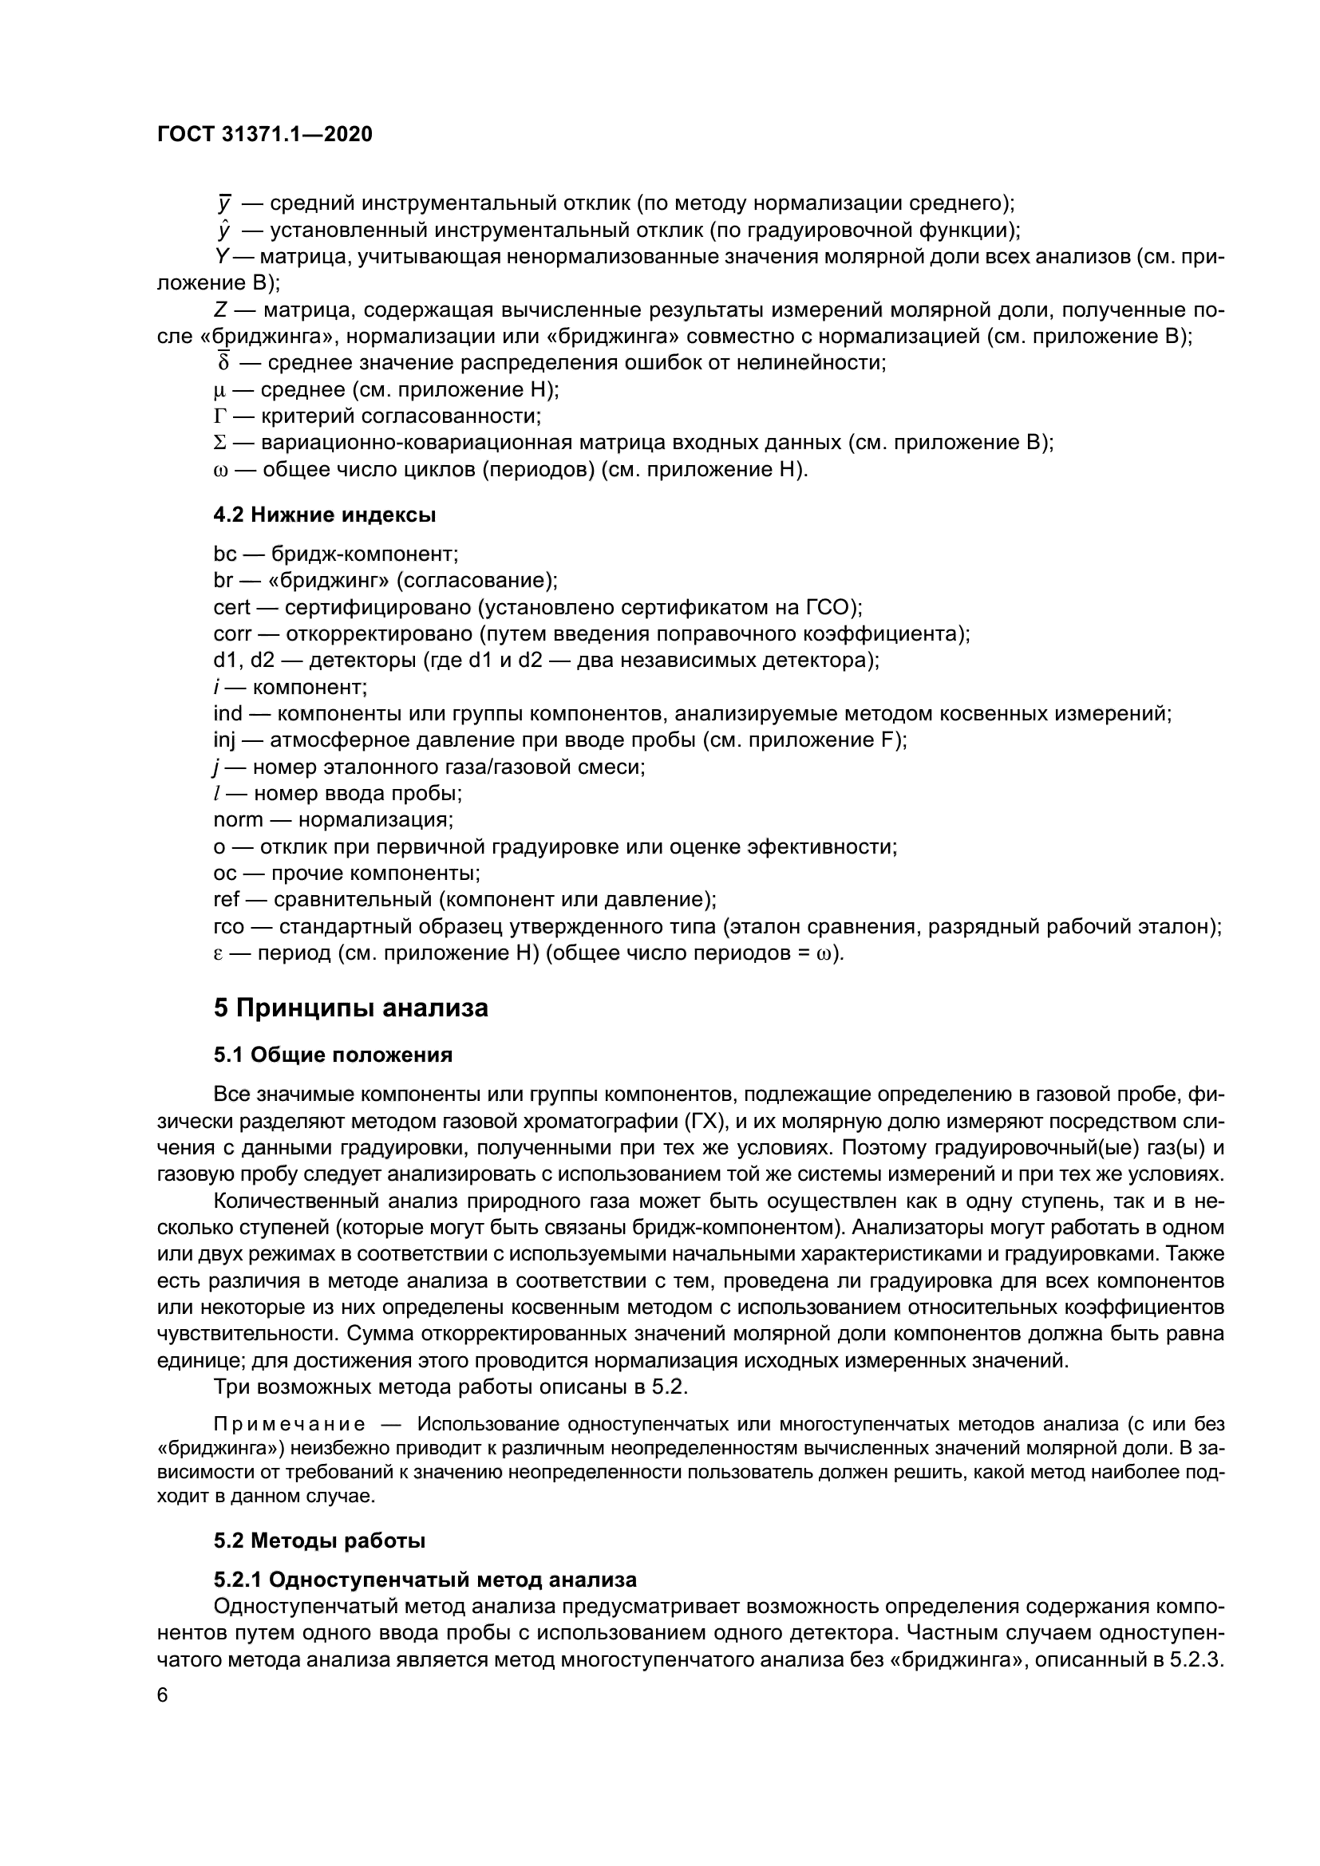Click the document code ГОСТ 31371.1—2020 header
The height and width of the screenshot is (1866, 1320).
(265, 135)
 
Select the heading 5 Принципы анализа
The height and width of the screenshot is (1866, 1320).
(350, 1008)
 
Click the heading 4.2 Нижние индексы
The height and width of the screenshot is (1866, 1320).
(324, 515)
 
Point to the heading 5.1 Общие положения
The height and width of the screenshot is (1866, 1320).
(333, 1055)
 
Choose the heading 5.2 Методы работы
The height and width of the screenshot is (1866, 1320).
(319, 1540)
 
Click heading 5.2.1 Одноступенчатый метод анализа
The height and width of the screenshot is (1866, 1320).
(425, 1580)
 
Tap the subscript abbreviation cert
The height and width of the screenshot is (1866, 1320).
(231, 607)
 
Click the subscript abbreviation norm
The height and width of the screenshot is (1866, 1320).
(237, 820)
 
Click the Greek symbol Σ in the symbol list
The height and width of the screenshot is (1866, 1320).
(218, 443)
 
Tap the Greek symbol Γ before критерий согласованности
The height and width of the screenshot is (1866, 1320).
(218, 417)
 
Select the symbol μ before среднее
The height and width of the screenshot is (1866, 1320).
(218, 391)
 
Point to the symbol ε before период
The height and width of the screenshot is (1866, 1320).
(218, 953)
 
